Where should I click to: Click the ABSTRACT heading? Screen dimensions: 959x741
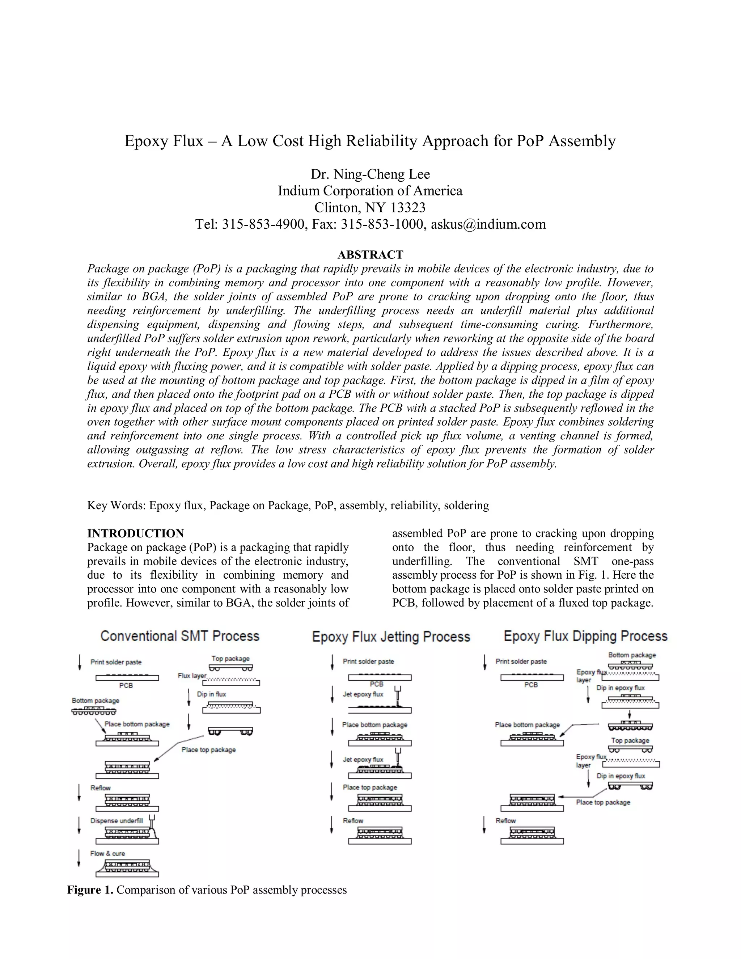click(x=370, y=255)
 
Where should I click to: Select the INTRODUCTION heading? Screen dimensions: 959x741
click(x=135, y=533)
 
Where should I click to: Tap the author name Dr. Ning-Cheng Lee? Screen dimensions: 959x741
click(x=370, y=174)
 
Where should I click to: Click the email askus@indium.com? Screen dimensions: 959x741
click(x=488, y=224)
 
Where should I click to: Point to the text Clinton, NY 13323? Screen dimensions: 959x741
click(x=370, y=207)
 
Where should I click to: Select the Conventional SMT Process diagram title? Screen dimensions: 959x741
click(x=180, y=636)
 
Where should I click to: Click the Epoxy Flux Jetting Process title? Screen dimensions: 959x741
click(x=391, y=637)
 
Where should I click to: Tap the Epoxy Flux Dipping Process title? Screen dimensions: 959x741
click(x=585, y=636)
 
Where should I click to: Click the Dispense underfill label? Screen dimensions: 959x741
click(x=117, y=821)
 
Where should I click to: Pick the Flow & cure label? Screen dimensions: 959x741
click(x=107, y=854)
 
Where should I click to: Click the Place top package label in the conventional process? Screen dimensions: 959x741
click(x=208, y=749)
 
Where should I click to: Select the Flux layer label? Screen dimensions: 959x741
click(x=192, y=675)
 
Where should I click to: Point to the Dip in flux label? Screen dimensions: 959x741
click(x=211, y=694)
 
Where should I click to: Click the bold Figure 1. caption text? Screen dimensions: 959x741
click(x=90, y=890)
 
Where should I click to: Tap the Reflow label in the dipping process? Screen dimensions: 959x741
click(x=505, y=821)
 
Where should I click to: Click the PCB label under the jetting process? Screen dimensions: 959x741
click(x=376, y=684)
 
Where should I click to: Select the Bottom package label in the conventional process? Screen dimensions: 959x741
click(x=95, y=700)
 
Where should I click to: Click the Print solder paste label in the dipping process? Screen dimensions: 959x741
click(x=521, y=661)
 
